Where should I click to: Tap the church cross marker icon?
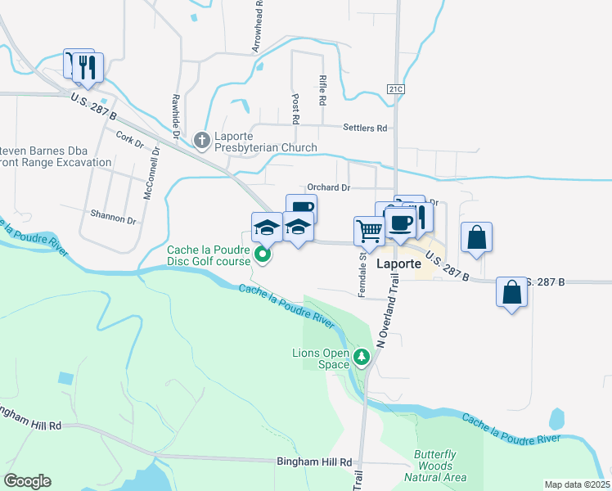203,142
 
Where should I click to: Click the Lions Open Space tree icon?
362,357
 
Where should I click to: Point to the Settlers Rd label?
364,128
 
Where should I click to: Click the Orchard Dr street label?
328,187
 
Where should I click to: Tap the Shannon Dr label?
114,219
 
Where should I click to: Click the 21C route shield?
397,88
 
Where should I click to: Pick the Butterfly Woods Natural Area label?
440,466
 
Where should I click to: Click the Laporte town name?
398,265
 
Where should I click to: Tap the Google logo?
28,481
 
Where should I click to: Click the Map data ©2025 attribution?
578,484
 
